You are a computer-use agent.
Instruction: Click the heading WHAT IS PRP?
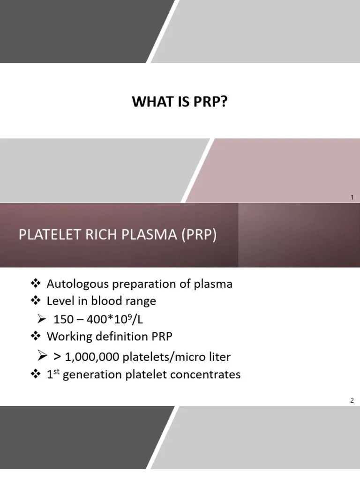(x=180, y=102)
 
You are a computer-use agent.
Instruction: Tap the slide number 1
(x=352, y=197)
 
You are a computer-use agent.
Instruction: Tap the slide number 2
(x=352, y=400)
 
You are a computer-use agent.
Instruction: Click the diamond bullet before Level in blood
(x=36, y=300)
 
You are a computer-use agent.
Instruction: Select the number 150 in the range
(x=63, y=320)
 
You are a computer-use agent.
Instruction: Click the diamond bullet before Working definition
(x=36, y=336)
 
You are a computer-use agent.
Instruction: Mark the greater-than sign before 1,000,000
(x=57, y=357)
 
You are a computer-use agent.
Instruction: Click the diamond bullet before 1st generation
(x=36, y=375)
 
